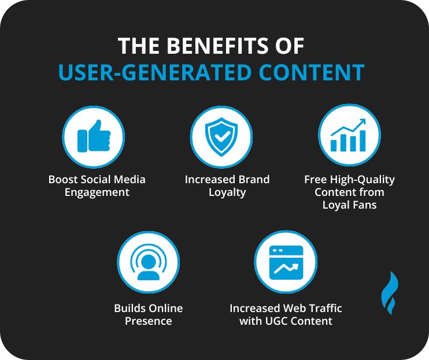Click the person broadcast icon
148,263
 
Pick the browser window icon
286,263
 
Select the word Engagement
97,192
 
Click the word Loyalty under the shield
227,192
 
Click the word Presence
149,321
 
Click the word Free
315,179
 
